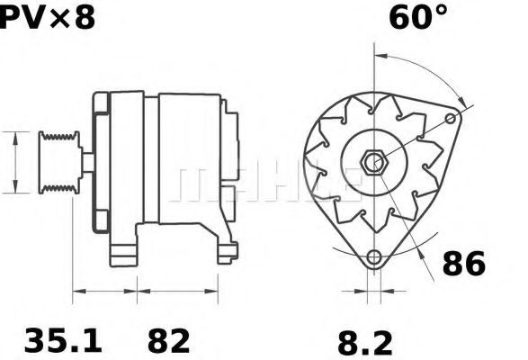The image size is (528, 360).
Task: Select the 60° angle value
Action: tap(417, 18)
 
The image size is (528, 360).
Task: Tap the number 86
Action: tap(463, 264)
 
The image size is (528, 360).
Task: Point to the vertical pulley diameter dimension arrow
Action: tap(16, 162)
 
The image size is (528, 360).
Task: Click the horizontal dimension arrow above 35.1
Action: tap(104, 291)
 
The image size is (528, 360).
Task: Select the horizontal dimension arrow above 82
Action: tap(177, 291)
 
